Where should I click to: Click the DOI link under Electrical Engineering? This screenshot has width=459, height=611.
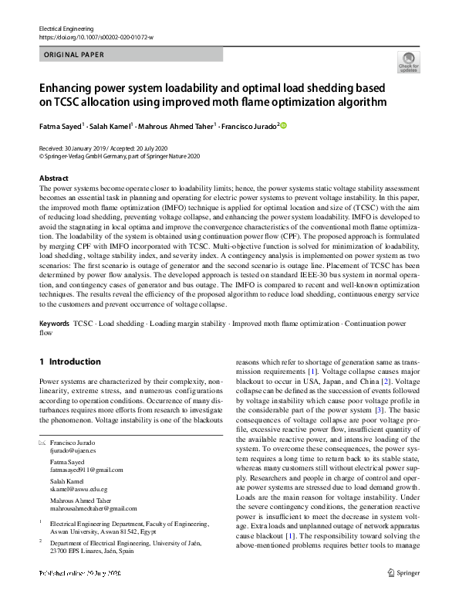coord(96,37)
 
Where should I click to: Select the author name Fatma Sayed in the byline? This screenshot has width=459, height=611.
coord(59,126)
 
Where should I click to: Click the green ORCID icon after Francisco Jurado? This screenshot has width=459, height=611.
coord(282,125)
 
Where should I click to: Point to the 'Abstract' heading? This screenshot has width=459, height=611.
coord(54,178)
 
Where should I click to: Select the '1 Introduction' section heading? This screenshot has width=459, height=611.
coord(70,362)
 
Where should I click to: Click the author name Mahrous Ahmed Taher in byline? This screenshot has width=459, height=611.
coord(177,126)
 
